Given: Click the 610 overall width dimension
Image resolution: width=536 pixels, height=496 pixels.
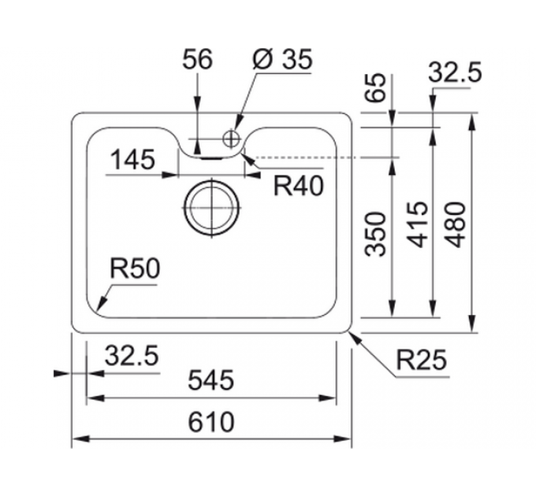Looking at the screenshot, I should pos(211,423).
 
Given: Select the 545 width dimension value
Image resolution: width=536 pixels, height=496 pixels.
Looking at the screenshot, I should pos(211,382).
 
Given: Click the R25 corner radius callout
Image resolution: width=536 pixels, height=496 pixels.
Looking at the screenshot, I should pos(421,361).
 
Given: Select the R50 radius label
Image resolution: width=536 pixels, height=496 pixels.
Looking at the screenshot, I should pos(135,269).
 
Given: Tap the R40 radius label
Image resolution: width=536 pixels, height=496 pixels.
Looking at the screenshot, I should pos(299,186).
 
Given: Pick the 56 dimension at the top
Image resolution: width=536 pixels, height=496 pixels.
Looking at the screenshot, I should pos(197,60).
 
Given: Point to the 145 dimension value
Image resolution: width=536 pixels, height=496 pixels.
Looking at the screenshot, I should pos(132,161).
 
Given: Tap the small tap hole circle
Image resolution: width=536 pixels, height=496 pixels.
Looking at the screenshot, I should pos(231,139).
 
